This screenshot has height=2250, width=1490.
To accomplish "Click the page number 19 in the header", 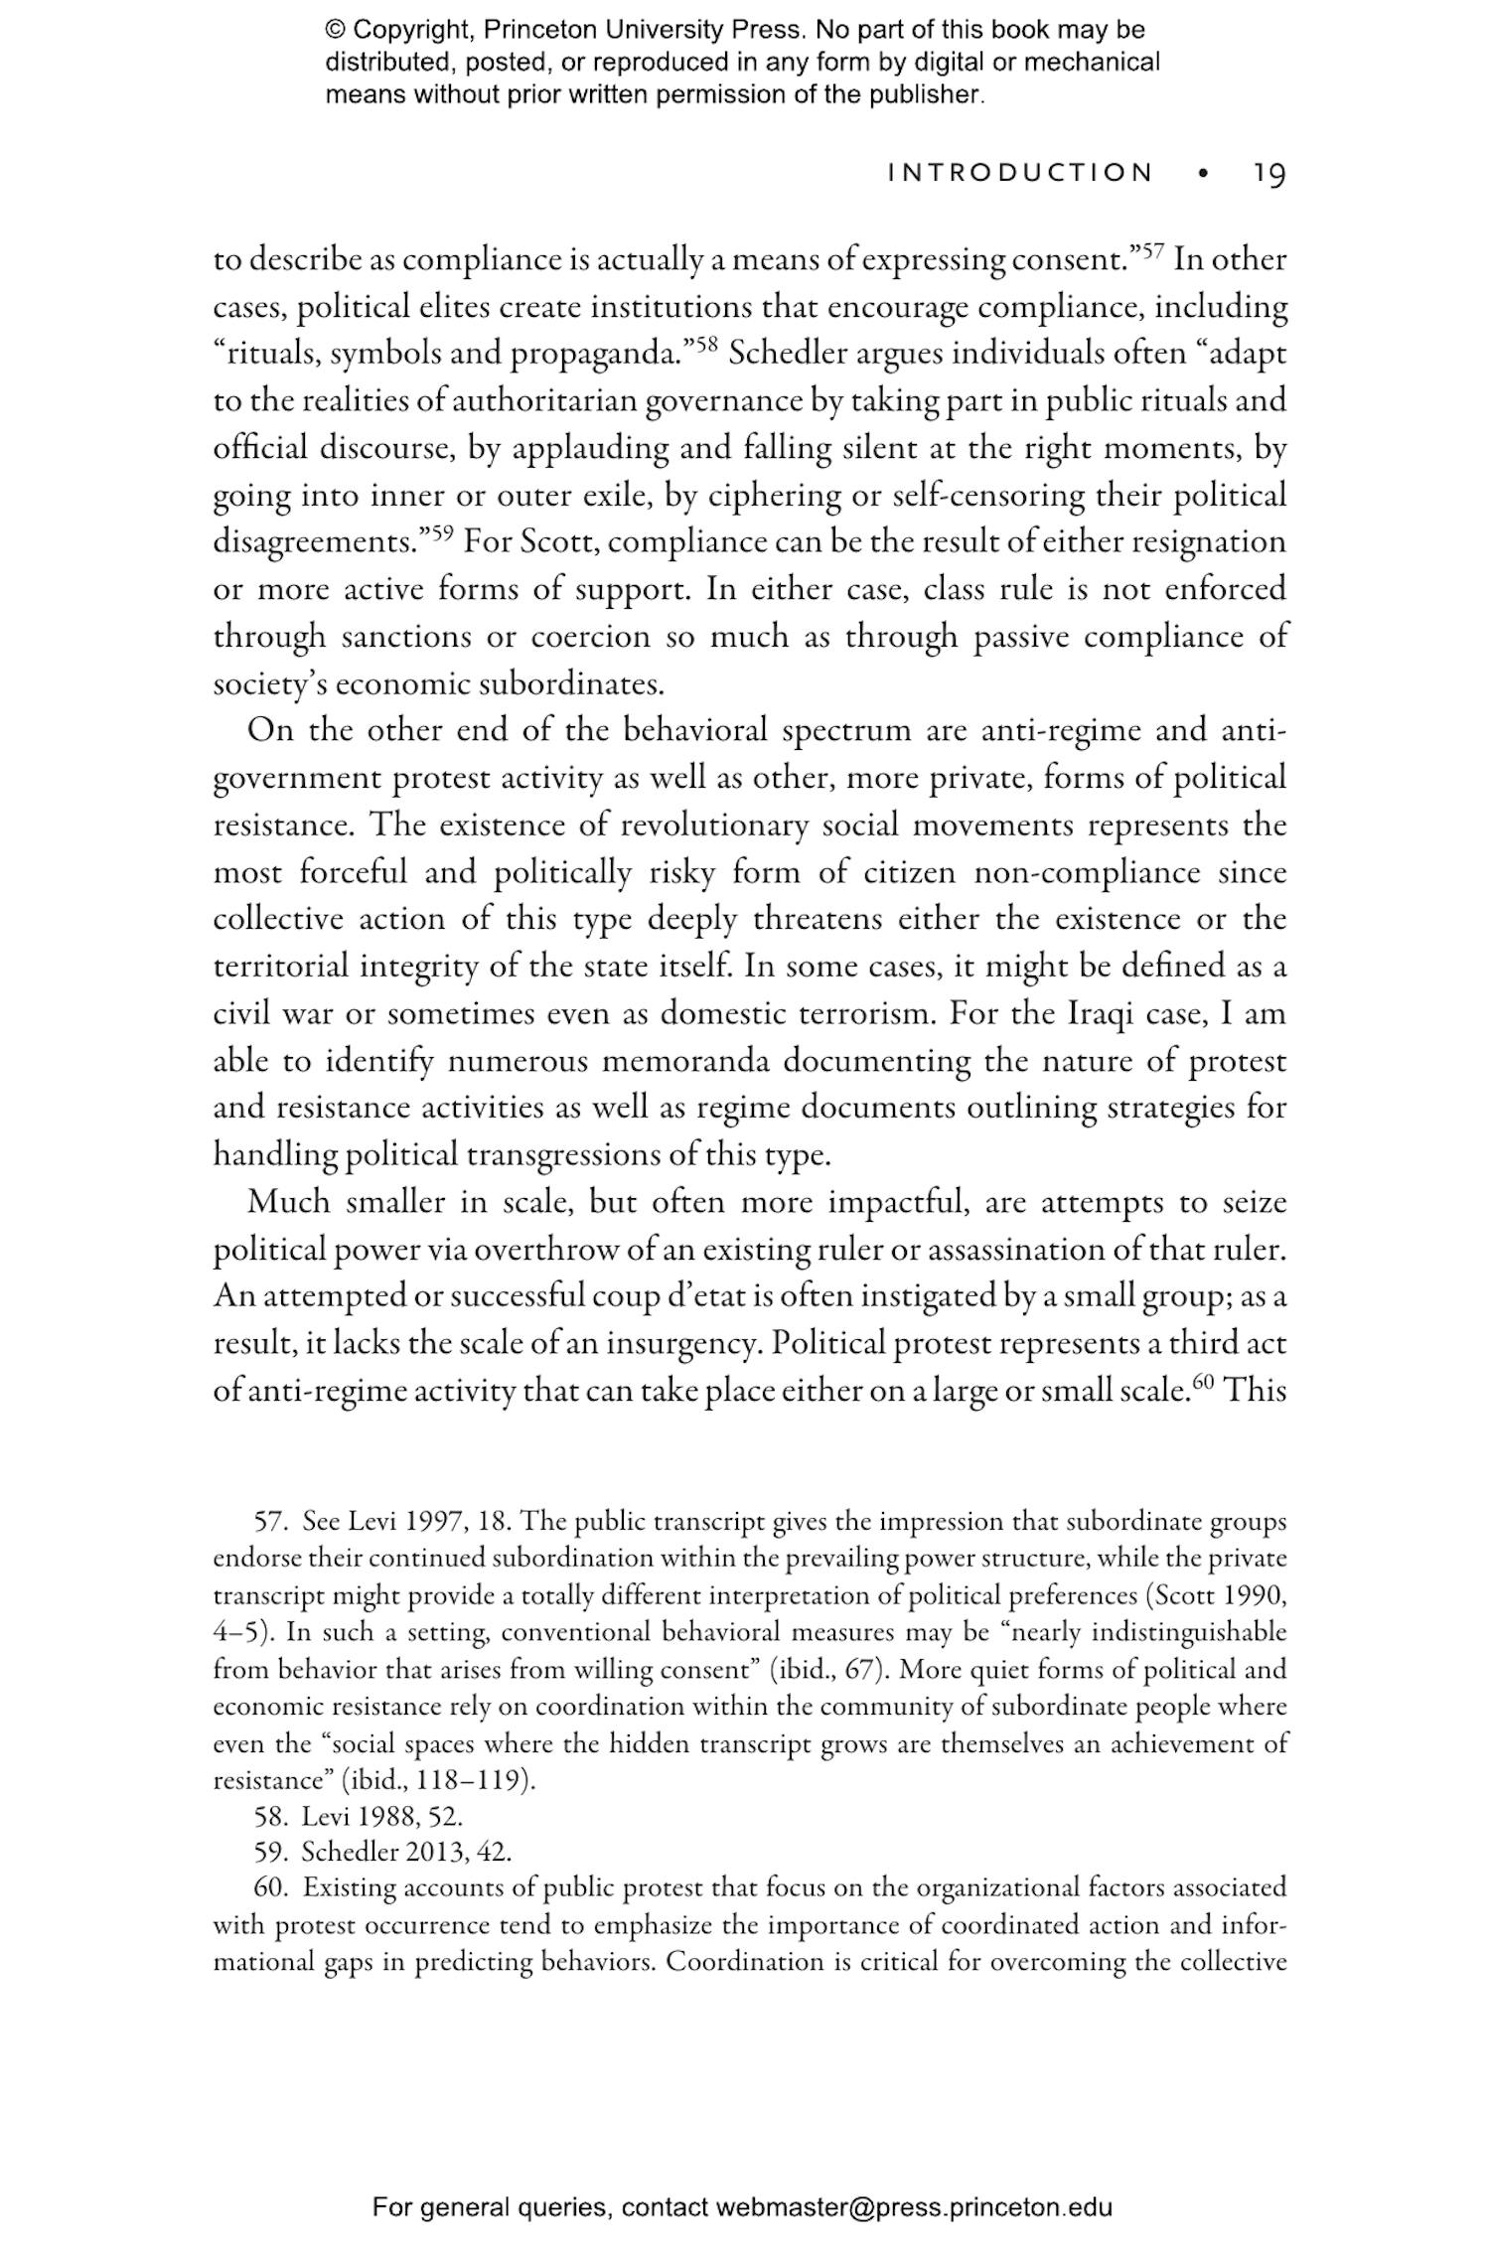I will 1268,174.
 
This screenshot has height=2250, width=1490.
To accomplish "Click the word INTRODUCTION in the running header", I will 1021,174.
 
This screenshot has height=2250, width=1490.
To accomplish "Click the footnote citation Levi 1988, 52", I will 382,1817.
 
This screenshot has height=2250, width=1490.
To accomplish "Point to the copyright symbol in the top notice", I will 335,30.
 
